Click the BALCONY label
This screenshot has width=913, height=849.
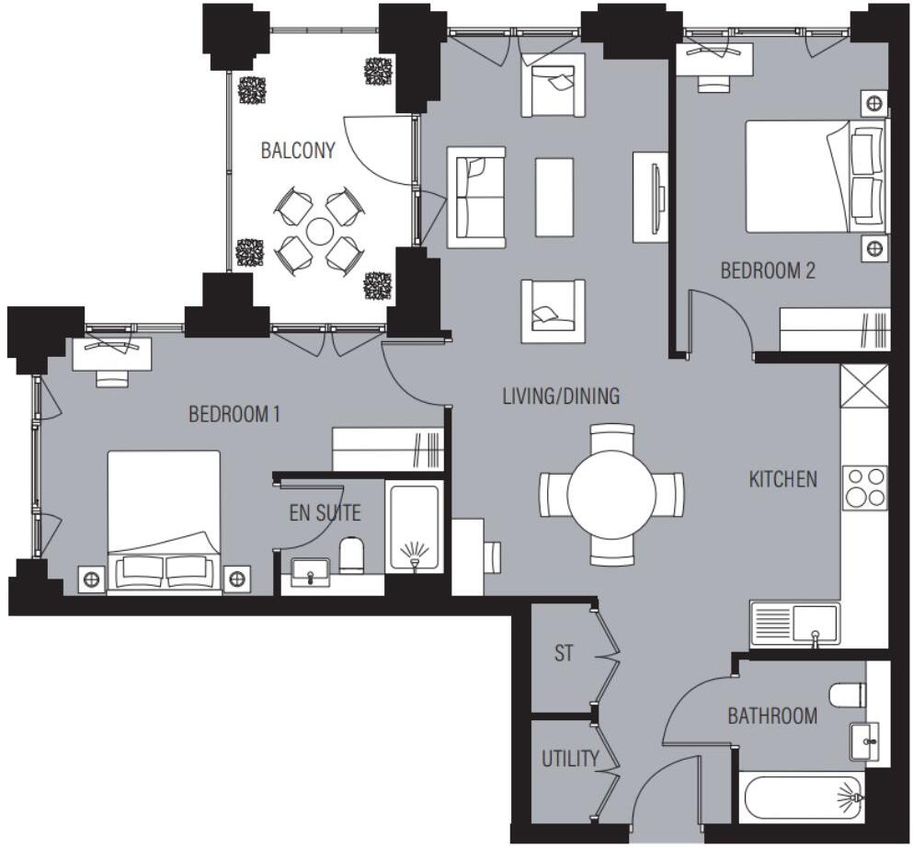(297, 151)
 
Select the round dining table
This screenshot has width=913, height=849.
(612, 494)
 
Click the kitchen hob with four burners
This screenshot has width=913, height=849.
(865, 488)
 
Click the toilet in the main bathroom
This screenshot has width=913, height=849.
(847, 694)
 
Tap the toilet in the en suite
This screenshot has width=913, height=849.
(352, 554)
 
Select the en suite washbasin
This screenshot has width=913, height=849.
(311, 572)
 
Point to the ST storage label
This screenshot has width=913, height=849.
(563, 654)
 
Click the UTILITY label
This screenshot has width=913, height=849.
(569, 760)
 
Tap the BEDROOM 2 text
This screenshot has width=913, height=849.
(767, 271)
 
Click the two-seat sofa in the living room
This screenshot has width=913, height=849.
(476, 196)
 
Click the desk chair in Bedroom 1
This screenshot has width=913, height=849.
(114, 377)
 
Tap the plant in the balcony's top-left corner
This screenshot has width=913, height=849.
(251, 89)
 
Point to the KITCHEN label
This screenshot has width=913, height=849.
(782, 479)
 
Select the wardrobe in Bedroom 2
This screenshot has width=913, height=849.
(835, 328)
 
